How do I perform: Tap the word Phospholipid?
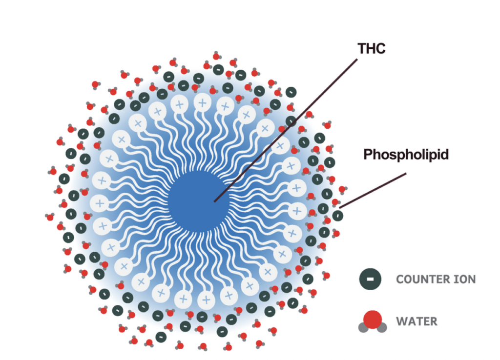click(x=406, y=155)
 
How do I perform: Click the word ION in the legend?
click(x=463, y=280)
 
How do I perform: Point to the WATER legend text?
click(x=417, y=321)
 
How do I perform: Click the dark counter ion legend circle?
click(x=371, y=280)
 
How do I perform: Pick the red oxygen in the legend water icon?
click(x=373, y=320)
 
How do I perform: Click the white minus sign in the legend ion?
click(x=371, y=280)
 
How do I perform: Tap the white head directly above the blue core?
click(x=202, y=103)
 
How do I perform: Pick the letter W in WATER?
click(x=401, y=321)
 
